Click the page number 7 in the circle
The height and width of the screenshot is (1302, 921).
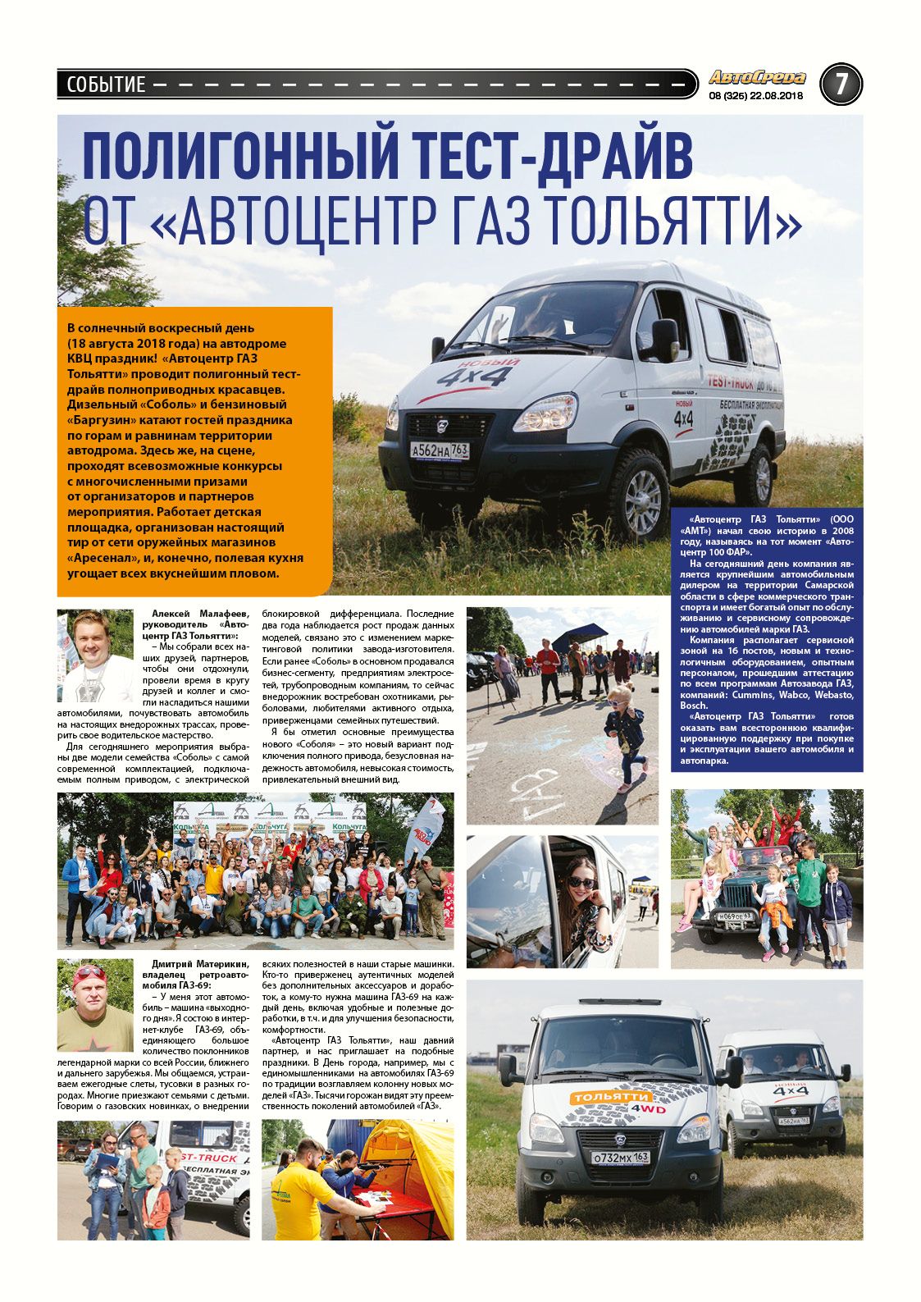point(841,84)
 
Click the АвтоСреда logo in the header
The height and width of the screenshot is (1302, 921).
point(757,78)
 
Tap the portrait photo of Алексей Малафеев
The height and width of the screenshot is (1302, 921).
point(94,654)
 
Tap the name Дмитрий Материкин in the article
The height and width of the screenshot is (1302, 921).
point(200,963)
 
